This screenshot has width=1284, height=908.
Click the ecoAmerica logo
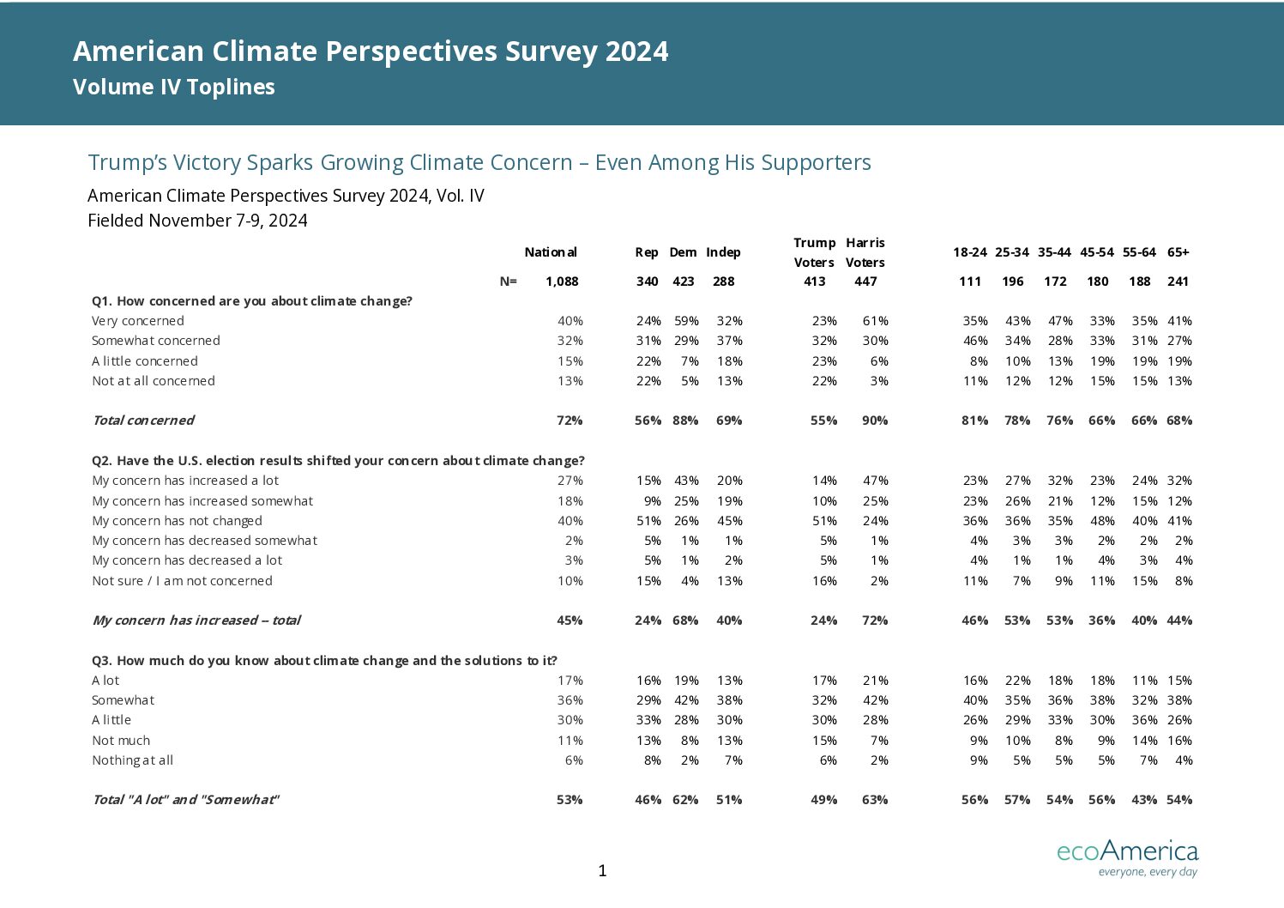pos(1128,857)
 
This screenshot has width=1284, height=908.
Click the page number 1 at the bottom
pos(602,871)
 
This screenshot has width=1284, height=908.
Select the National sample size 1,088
pos(562,281)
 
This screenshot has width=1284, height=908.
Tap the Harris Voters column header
pos(865,252)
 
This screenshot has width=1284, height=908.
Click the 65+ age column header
pos(1178,252)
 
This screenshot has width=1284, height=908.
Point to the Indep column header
pos(723,252)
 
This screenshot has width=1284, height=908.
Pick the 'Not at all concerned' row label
pos(154,381)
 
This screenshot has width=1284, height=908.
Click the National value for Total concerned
pos(570,421)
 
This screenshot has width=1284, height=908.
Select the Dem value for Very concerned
pos(686,321)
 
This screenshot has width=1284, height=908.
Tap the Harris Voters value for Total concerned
pos(875,421)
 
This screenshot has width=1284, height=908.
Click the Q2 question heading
pos(338,461)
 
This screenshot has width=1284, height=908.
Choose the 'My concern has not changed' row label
pos(178,521)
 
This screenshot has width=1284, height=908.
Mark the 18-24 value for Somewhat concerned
pos(975,341)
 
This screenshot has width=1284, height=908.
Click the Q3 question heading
pos(324,661)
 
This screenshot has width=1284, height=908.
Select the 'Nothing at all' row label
pos(132,760)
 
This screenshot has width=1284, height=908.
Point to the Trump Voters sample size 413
pos(815,281)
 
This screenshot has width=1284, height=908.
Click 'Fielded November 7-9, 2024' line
pos(197,221)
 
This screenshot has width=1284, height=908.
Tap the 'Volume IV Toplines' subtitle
pos(173,88)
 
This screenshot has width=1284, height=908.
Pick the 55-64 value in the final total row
pos(1144,800)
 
